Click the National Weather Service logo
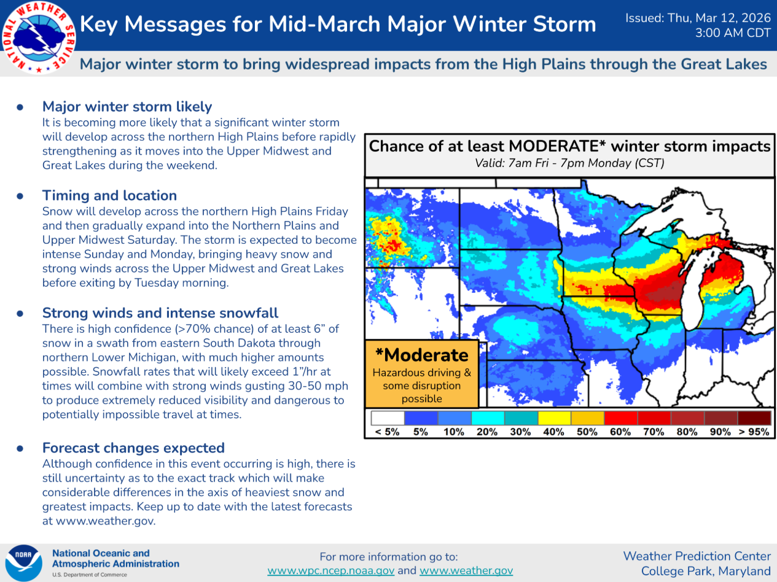coord(39,38)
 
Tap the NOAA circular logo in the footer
coord(24,563)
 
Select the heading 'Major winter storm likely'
coord(127,106)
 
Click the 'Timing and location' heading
coord(109,195)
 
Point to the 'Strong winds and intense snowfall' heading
coord(160,313)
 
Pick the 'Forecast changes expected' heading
coord(133,448)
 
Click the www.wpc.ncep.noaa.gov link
coord(331,570)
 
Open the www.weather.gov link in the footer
coord(466,570)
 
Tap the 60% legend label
coord(620,432)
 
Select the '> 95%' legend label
coord(754,432)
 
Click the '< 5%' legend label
coord(387,432)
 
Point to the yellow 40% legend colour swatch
coord(555,418)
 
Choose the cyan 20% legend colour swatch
coord(488,418)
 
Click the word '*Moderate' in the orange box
coord(421,355)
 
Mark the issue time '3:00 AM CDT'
coord(733,33)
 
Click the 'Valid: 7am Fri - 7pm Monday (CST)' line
coord(569,163)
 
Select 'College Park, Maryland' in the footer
coord(706,571)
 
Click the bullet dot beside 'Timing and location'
coord(20,196)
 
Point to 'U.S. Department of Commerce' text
coord(90,575)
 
